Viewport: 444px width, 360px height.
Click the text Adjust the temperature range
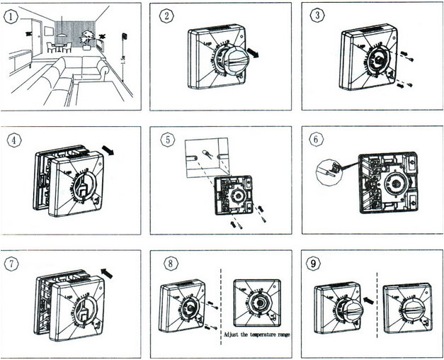(256, 334)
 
